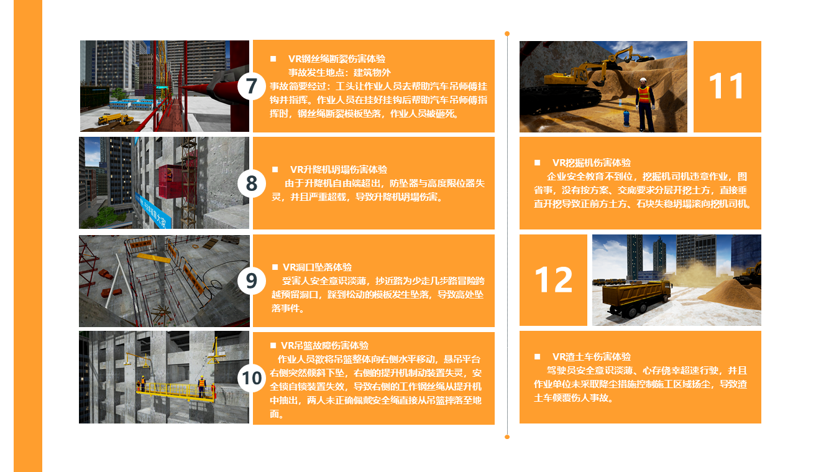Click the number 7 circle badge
[251, 86]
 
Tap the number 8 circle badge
[251, 183]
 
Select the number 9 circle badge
[251, 281]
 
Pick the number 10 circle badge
[251, 378]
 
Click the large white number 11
[727, 86]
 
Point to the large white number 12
[553, 280]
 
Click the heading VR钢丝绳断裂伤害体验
[337, 59]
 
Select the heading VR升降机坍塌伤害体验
[339, 169]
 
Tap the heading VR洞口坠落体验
[317, 267]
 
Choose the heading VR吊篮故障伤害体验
[325, 346]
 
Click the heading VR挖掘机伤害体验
[592, 163]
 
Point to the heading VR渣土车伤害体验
[592, 356]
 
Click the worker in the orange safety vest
[645, 104]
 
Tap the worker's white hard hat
[643, 80]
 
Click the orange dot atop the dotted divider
[507, 34]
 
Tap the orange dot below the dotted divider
[507, 437]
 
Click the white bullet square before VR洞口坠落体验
[275, 267]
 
